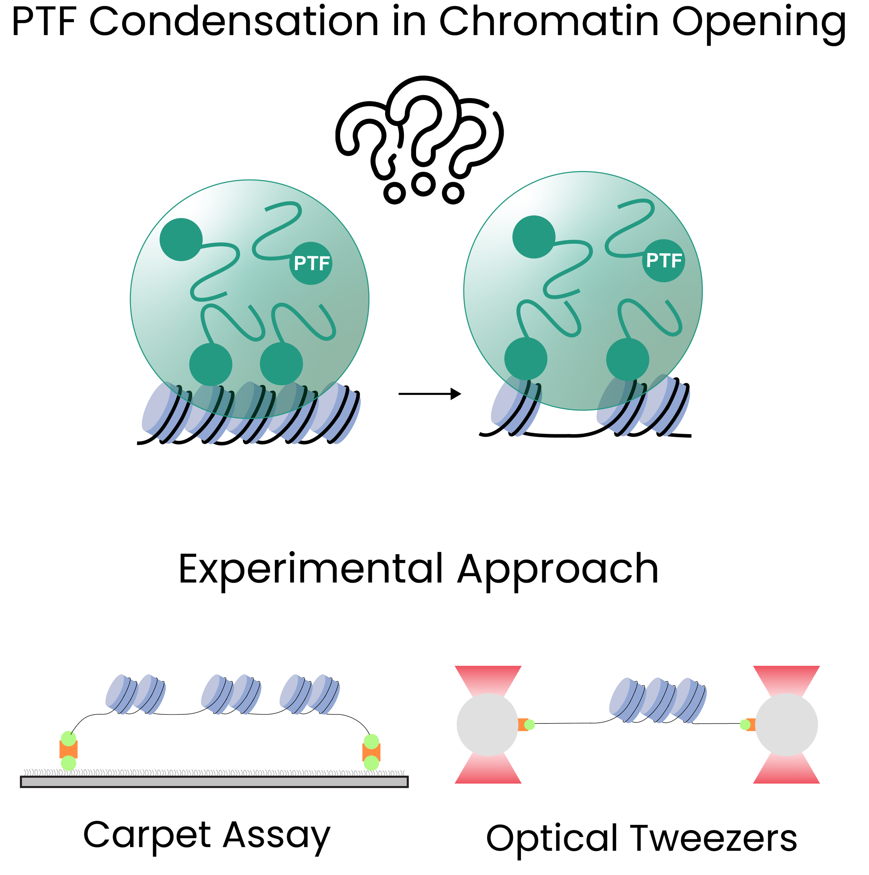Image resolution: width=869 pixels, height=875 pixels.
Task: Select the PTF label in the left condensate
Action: (x=311, y=264)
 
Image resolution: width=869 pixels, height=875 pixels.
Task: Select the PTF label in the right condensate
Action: (x=664, y=261)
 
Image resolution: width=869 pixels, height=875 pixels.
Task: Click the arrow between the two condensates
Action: (x=429, y=394)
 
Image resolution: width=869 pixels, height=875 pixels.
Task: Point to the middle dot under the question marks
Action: (x=423, y=184)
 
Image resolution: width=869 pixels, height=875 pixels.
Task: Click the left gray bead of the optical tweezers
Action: (x=487, y=724)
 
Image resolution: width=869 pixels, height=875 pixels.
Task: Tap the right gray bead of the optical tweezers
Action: (x=787, y=724)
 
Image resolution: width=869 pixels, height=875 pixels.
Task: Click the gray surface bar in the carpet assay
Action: (x=214, y=782)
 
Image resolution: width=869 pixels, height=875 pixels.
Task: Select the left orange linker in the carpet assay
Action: (x=68, y=750)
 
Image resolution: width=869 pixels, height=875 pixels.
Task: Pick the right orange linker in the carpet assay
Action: (x=371, y=752)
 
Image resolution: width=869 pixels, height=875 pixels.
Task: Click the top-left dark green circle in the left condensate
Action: (x=181, y=240)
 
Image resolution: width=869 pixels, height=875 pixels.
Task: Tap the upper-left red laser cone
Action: (x=488, y=679)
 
